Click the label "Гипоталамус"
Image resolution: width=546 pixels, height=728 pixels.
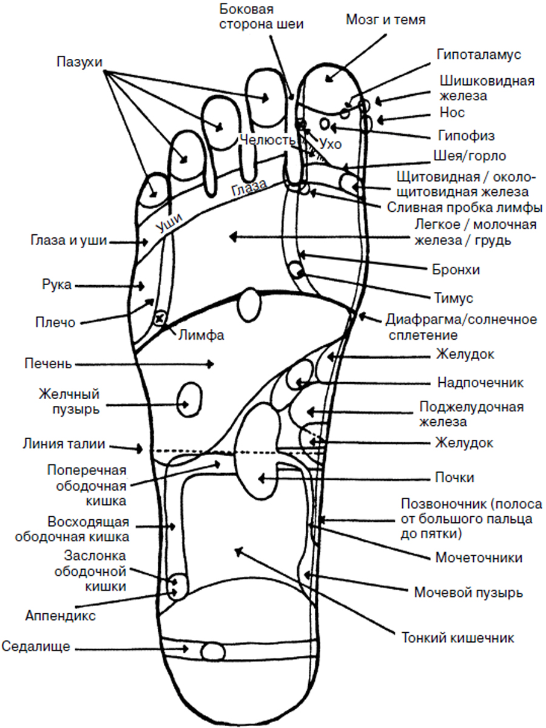(479, 54)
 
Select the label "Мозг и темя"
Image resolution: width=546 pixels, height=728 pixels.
(385, 19)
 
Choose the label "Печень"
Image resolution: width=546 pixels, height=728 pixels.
(49, 364)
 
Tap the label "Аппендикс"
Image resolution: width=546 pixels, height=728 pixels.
(61, 615)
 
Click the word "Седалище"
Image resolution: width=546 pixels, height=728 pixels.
(36, 647)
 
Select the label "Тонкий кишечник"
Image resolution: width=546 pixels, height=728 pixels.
(458, 638)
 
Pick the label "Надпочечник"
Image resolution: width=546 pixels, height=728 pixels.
(480, 383)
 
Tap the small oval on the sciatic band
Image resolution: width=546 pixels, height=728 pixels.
(212, 652)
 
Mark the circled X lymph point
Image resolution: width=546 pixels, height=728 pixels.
(160, 317)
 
